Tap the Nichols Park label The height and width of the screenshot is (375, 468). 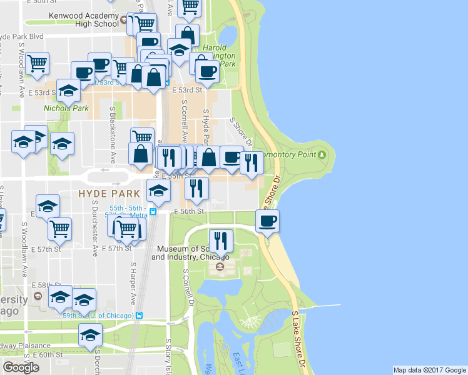coord(66,107)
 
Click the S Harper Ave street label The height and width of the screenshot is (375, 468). coord(133,281)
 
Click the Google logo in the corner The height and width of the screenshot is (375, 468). coord(21,367)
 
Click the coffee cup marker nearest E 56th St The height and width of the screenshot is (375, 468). coord(267,220)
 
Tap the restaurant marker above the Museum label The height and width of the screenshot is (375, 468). coord(220,240)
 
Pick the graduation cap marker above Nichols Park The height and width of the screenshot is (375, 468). coord(68,90)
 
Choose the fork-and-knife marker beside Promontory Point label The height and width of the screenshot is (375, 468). coord(251,162)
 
